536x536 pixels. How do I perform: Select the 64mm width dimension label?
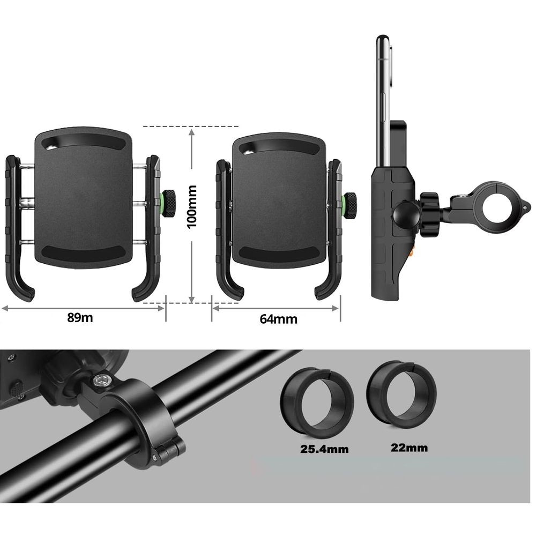coord(278,319)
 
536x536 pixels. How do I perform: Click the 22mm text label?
coord(410,448)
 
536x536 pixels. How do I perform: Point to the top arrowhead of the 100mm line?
coord(191,131)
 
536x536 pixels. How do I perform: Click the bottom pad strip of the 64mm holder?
coord(279,252)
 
